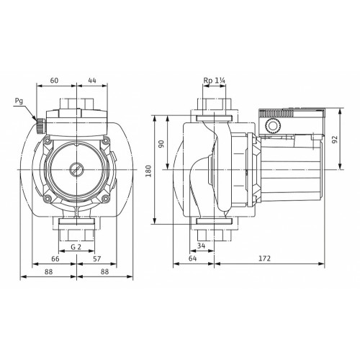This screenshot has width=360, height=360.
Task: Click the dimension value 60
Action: point(54,80)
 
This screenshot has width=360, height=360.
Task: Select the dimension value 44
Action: point(92,80)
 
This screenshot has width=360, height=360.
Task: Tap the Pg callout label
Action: point(19,101)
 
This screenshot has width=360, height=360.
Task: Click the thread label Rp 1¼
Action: point(215,81)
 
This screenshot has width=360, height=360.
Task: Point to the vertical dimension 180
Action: point(149,171)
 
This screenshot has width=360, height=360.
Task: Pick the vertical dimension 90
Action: point(161,144)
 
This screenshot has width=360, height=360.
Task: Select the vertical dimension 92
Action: point(335,140)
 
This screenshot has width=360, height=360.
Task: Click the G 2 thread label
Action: point(76,247)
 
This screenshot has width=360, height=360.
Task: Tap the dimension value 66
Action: point(55,258)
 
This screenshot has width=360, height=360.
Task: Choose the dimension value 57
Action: point(97,258)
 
